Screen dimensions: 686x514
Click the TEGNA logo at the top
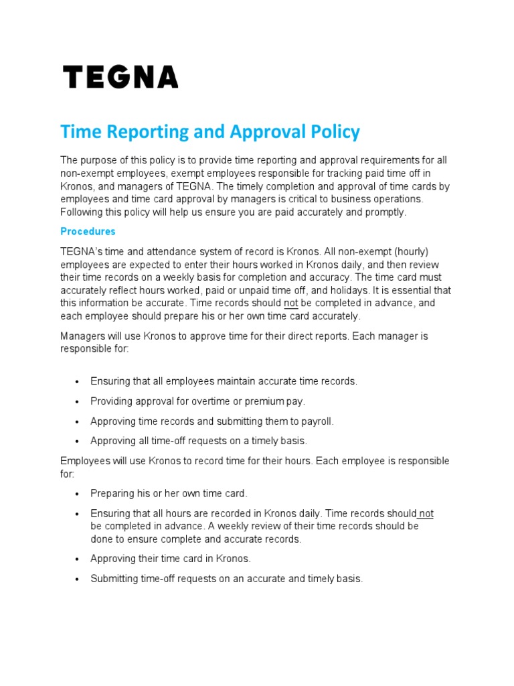pos(120,77)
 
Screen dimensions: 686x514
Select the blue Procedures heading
pos(88,231)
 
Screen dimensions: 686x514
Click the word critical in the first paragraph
pos(273,199)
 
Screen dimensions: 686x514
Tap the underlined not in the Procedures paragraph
pos(290,303)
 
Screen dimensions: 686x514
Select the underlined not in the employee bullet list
pos(426,513)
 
